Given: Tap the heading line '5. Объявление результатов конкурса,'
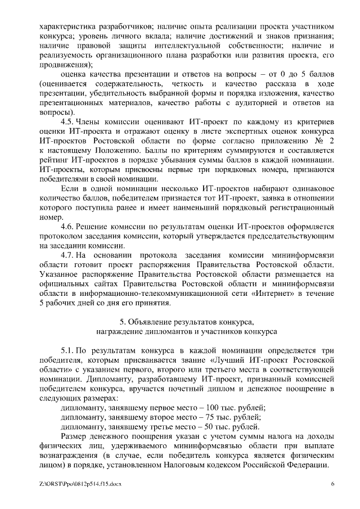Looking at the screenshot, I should pyautogui.click(x=187, y=322).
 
